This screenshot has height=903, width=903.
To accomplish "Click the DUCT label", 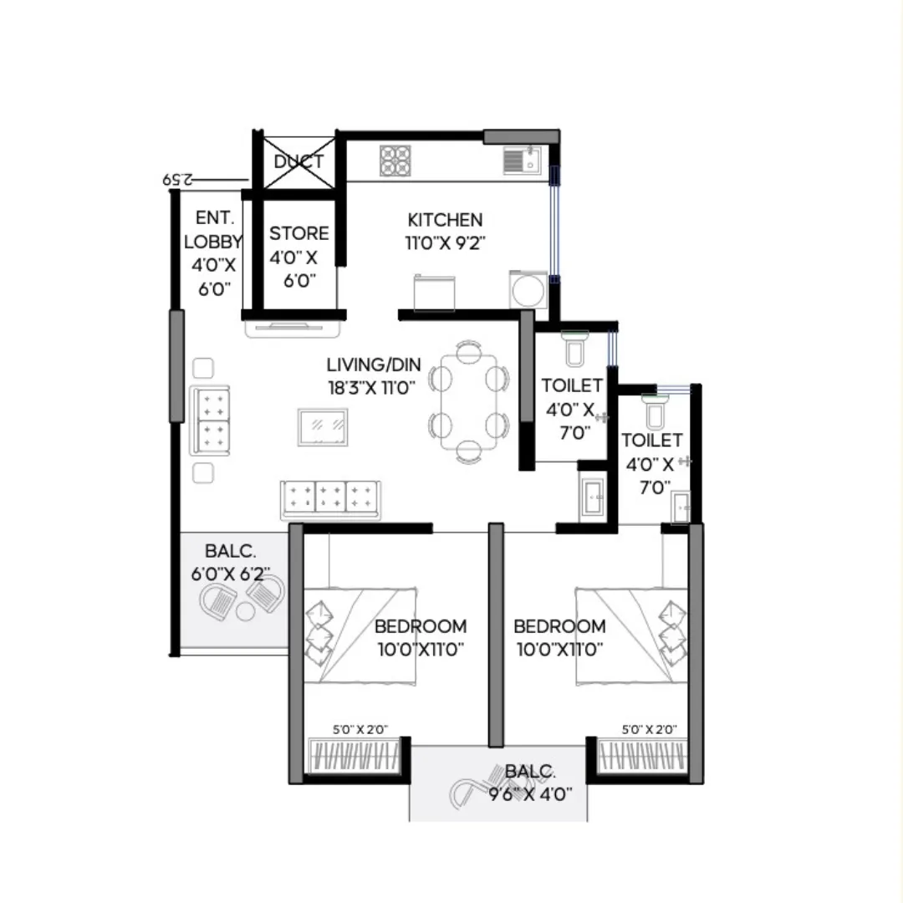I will [x=298, y=161].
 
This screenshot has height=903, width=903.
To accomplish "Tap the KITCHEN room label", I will [x=445, y=220].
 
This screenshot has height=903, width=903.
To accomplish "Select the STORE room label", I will [x=298, y=233].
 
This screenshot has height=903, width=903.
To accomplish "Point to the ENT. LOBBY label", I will [x=213, y=230].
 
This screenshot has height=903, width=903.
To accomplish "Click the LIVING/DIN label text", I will [x=374, y=365].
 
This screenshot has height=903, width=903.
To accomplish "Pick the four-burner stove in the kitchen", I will [x=395, y=161].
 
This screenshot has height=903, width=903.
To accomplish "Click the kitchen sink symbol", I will [x=523, y=160].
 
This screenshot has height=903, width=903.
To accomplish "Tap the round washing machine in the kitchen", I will [x=528, y=290].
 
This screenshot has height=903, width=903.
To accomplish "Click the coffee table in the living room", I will [x=323, y=426].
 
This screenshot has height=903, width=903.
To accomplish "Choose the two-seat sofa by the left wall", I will [x=210, y=421].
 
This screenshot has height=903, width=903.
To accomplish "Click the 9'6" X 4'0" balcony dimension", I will [x=530, y=793].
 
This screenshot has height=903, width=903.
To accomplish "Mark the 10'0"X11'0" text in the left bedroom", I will [x=420, y=648].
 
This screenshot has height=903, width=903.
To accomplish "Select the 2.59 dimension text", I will [x=177, y=179].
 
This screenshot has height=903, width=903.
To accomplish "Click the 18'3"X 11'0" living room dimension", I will [x=372, y=387].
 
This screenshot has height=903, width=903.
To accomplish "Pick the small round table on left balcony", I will [x=245, y=612].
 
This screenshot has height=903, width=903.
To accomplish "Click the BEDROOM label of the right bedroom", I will [x=559, y=626].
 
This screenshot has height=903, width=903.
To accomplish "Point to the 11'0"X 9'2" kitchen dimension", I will [x=446, y=243].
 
